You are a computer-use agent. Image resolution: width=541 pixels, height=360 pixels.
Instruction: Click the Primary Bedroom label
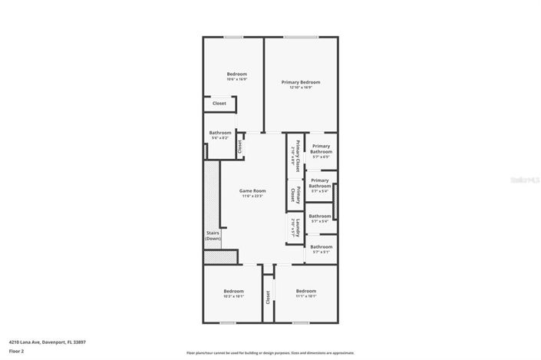click(x=300, y=82)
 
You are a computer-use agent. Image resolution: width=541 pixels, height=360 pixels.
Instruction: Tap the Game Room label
click(x=252, y=191)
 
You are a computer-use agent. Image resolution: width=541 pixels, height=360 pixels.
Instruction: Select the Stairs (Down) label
click(x=213, y=236)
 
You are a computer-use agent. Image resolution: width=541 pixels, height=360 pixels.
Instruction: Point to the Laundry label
click(x=296, y=225)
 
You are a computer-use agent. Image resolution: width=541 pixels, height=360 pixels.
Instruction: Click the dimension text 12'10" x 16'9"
click(x=300, y=88)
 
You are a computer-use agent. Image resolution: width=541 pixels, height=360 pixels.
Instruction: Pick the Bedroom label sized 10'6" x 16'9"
click(x=236, y=74)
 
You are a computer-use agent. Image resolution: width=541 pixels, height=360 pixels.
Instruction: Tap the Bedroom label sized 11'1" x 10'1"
click(x=305, y=291)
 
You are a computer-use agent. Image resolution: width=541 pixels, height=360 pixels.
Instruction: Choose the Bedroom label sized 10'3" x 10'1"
click(x=233, y=291)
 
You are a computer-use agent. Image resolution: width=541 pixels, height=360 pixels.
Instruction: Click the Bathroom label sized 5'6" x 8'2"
click(x=220, y=133)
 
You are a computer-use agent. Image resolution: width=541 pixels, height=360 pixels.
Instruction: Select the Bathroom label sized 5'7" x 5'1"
click(x=321, y=247)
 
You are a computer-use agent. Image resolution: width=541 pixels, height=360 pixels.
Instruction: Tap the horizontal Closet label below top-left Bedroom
click(x=219, y=103)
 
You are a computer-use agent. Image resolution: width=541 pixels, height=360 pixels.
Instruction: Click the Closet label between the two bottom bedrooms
click(x=268, y=297)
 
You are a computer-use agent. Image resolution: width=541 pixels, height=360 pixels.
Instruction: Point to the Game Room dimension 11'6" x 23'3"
click(x=252, y=197)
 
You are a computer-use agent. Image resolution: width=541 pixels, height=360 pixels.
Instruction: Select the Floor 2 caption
click(x=17, y=351)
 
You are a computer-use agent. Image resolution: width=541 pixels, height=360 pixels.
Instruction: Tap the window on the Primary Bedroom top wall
click(x=300, y=37)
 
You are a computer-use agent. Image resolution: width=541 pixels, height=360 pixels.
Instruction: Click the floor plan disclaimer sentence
click(x=270, y=353)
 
